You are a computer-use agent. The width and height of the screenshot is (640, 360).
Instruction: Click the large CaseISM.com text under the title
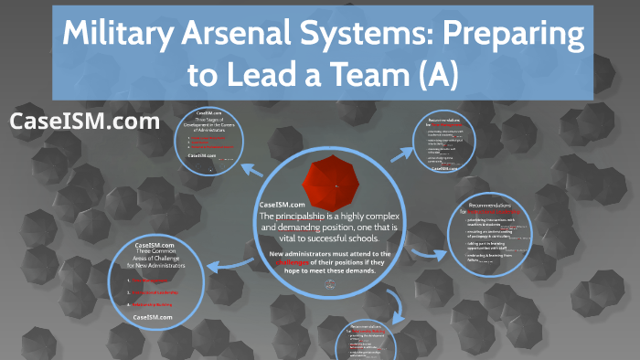[x=84, y=121]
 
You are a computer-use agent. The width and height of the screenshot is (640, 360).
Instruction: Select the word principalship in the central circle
[x=325, y=215]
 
